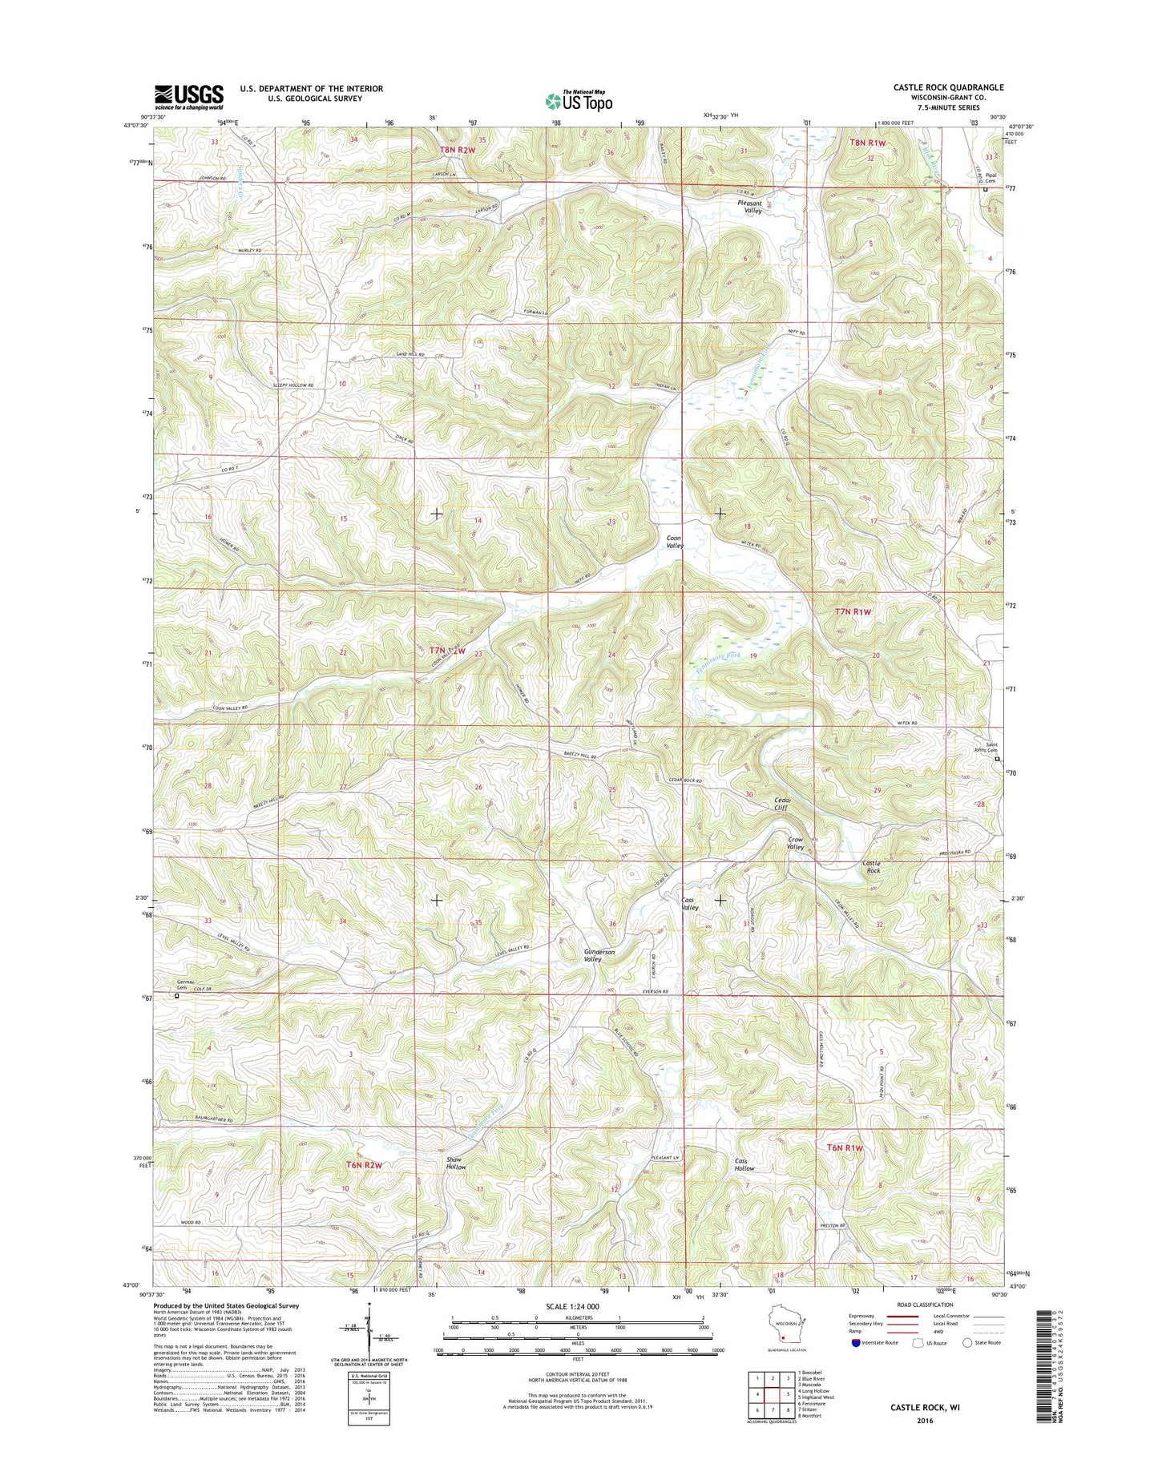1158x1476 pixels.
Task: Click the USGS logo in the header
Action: point(189,97)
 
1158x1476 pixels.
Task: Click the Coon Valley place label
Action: point(674,541)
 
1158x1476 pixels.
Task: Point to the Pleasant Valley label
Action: point(754,207)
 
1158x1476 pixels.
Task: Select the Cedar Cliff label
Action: point(782,805)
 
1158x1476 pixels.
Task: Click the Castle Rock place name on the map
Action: point(871,866)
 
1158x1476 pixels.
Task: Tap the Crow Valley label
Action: point(795,843)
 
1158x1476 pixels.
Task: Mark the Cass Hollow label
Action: point(744,1164)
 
